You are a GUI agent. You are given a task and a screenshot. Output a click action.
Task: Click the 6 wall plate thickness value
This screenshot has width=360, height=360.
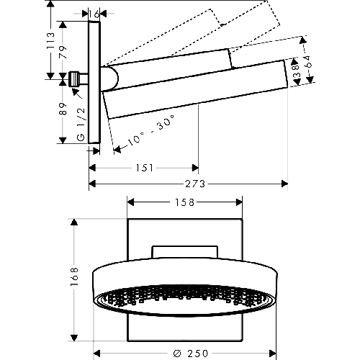96,13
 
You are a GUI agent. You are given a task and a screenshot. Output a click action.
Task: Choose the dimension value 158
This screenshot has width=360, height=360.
185,203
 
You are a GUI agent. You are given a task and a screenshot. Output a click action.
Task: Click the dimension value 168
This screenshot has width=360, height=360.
74,281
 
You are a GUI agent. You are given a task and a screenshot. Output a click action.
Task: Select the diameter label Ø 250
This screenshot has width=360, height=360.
185,352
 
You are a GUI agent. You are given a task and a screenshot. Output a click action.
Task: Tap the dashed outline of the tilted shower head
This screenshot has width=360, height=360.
216,29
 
